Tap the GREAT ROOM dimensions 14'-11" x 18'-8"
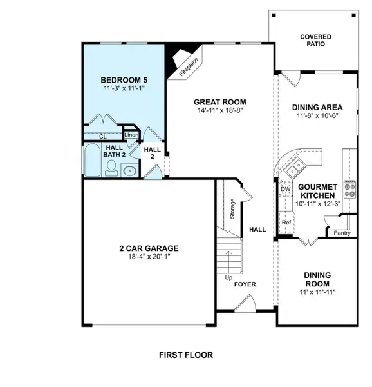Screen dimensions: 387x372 coord(220,111)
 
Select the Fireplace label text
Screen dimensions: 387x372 coord(189,68)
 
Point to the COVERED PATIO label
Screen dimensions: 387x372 coord(316,41)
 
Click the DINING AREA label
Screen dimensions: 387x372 coord(317,108)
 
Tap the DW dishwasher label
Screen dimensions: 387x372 coord(285,189)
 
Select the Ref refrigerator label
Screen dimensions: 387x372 coord(286,223)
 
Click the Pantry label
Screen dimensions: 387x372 coord(342,233)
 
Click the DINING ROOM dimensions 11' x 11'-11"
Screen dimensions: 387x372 coord(317,292)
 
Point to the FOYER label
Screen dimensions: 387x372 coord(246,283)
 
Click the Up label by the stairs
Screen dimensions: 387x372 coord(228,278)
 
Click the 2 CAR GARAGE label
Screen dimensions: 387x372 coord(148,248)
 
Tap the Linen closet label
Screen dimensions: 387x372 coord(131,135)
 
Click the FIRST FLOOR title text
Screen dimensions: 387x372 coord(185,355)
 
